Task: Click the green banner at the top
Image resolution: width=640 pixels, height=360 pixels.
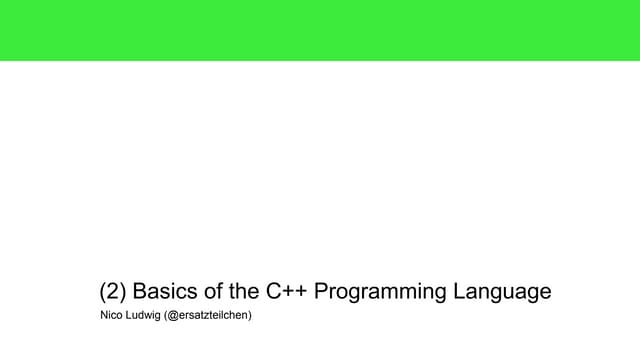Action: [320, 30]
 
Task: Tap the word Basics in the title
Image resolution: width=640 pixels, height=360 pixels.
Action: [166, 292]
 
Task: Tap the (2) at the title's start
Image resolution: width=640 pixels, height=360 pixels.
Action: [113, 292]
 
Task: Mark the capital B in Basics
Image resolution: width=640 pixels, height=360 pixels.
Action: [141, 292]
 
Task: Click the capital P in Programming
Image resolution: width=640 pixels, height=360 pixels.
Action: [323, 292]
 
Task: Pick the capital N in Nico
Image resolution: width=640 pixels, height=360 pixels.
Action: [104, 316]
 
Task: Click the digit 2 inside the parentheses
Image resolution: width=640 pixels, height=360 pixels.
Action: [113, 292]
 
